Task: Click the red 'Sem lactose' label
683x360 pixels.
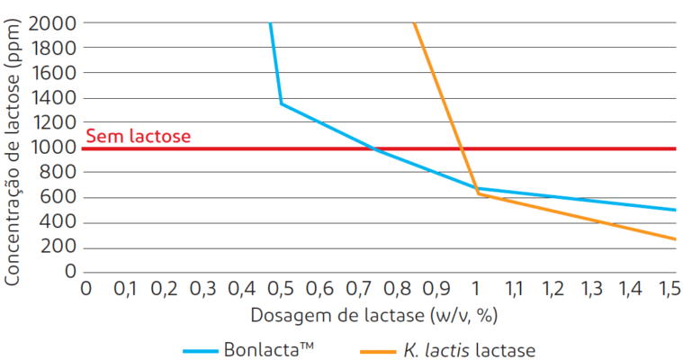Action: pyautogui.click(x=138, y=137)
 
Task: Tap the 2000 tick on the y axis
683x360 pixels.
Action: pyautogui.click(x=52, y=23)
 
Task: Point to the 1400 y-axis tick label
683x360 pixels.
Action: pyautogui.click(x=52, y=98)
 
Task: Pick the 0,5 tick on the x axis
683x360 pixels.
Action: pyautogui.click(x=281, y=289)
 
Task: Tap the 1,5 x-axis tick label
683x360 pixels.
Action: pyautogui.click(x=668, y=289)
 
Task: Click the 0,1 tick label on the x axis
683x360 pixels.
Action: pyautogui.click(x=126, y=289)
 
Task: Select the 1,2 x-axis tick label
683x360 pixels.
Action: pyautogui.click(x=552, y=289)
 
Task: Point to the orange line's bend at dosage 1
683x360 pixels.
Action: pyautogui.click(x=477, y=193)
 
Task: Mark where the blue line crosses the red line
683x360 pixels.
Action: pyautogui.click(x=373, y=148)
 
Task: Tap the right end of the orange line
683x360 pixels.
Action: pyautogui.click(x=675, y=238)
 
